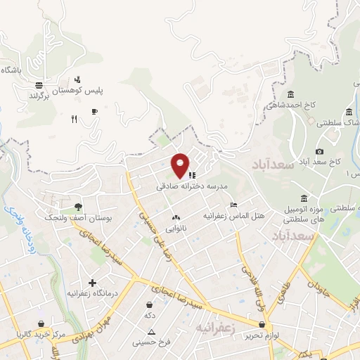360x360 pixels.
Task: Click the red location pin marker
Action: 181,165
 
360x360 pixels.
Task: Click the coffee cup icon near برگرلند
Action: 94,111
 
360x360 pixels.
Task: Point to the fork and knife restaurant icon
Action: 74,119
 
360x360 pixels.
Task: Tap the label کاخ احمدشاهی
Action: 291,105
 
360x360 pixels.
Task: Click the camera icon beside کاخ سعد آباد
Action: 320,151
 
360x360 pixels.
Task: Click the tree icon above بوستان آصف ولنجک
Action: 78,207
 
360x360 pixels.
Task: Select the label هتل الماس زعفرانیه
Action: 234,216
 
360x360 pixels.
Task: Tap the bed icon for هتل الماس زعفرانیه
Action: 233,205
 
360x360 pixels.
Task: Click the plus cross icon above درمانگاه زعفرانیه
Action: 91,283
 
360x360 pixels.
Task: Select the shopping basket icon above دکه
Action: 149,305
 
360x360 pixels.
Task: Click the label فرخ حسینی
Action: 150,344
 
